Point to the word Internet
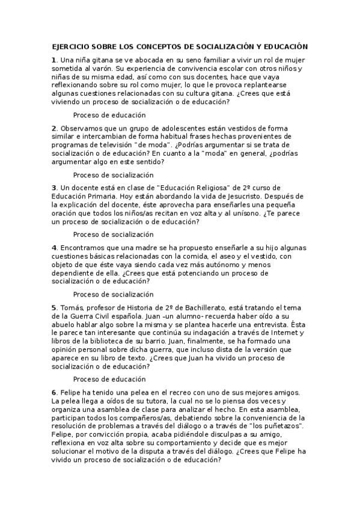[x=282, y=333]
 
